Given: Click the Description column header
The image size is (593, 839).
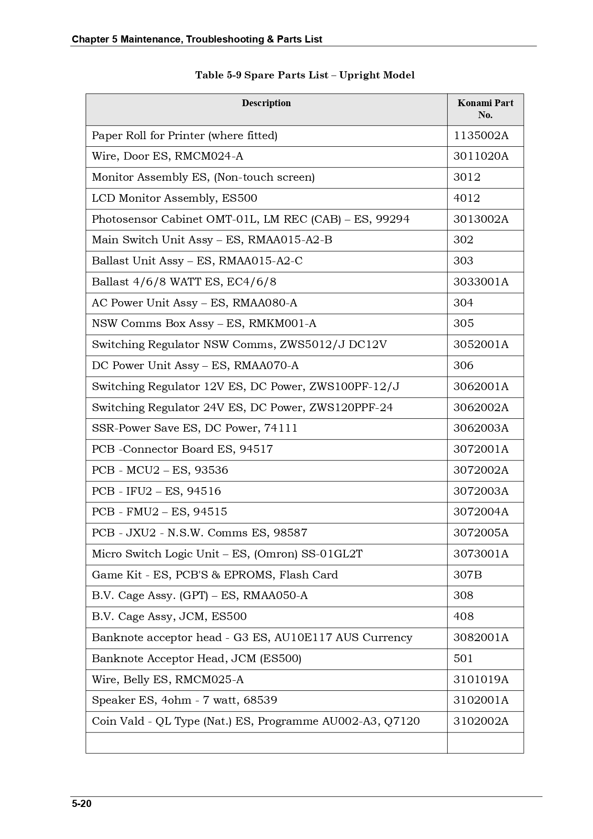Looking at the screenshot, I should click(x=266, y=103).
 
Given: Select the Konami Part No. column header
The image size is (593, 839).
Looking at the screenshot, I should click(x=485, y=109).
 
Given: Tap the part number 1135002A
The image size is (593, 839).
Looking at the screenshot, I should click(x=481, y=136).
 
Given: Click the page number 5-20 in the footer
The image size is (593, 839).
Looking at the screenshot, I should click(x=82, y=804).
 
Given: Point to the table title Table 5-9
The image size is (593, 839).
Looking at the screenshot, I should click(x=305, y=75).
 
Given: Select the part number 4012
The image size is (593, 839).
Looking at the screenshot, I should click(x=467, y=198).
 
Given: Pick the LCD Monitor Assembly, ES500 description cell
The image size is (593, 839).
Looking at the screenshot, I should click(x=175, y=198).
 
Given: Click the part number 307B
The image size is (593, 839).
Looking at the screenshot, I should click(x=467, y=575).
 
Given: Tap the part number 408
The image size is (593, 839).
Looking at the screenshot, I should click(x=463, y=617).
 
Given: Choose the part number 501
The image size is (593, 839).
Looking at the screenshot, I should click(x=463, y=659).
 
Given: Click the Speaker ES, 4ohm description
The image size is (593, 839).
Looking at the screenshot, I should click(x=185, y=700).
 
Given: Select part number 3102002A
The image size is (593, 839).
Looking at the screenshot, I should click(x=481, y=721).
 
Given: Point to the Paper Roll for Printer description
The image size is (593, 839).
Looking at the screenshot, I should click(x=185, y=136).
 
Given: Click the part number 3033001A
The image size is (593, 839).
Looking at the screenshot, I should click(x=481, y=282).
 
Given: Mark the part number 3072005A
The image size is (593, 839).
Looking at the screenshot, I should click(x=481, y=533).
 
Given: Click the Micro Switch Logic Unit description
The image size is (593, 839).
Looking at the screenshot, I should click(x=227, y=554).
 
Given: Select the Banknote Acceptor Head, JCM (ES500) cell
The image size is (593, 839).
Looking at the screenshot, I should click(x=197, y=659).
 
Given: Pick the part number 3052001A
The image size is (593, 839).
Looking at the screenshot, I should click(x=481, y=345).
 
